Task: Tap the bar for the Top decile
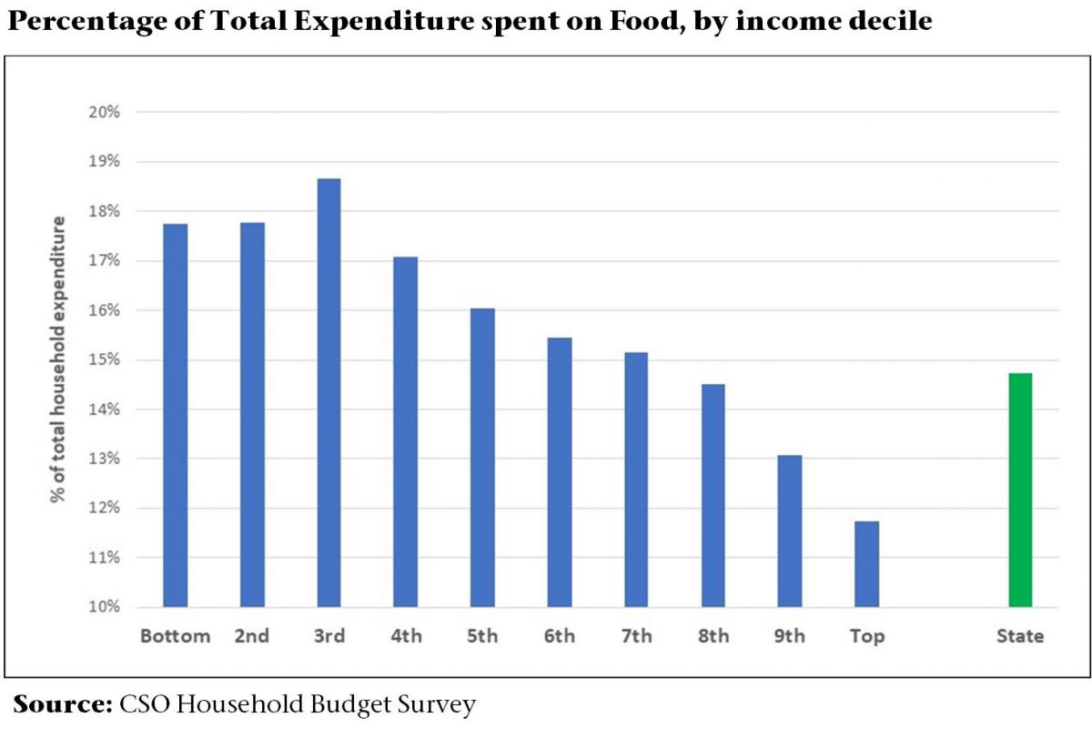pyautogui.click(x=867, y=564)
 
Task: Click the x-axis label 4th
pyautogui.click(x=406, y=636)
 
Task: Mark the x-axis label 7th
pyautogui.click(x=637, y=636)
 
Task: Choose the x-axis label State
pyautogui.click(x=1020, y=636)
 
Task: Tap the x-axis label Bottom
pyautogui.click(x=175, y=636)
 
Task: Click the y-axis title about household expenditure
pyautogui.click(x=59, y=359)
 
